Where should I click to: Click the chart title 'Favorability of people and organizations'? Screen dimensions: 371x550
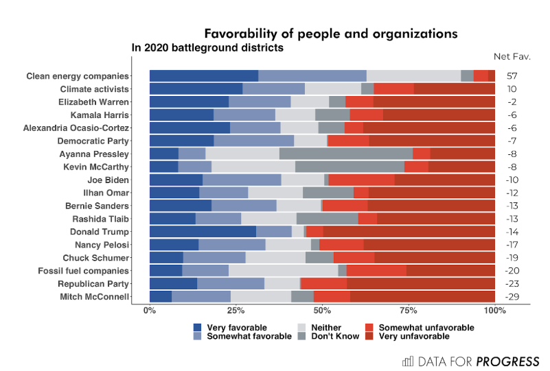coord(330,34)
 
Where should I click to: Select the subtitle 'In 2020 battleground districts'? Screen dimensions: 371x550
coord(207,48)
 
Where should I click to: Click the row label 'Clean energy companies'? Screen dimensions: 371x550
coord(77,76)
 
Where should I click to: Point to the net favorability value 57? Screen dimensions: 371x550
coord(512,76)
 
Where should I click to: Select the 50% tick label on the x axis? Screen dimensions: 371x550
coord(322,311)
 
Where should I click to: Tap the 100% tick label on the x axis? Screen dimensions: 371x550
coord(494,311)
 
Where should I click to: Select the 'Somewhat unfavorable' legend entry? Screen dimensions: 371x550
coord(422,328)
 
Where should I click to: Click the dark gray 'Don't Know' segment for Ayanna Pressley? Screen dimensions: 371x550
coord(346,154)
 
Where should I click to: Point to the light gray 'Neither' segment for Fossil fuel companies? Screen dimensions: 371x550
coord(283,270)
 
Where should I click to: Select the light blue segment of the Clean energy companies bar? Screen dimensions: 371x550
coord(312,76)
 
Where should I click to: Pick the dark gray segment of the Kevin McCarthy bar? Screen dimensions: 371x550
coord(350,167)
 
